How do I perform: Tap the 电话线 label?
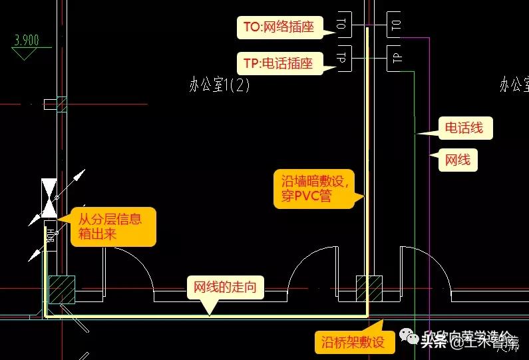pyautogui.click(x=464, y=128)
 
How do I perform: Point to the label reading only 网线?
pyautogui.click(x=457, y=160)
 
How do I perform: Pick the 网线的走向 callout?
pyautogui.click(x=225, y=287)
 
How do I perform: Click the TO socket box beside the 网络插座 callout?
pyautogui.click(x=344, y=25)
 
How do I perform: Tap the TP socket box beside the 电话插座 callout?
pyautogui.click(x=344, y=59)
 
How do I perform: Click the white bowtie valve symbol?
pyautogui.click(x=49, y=197)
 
